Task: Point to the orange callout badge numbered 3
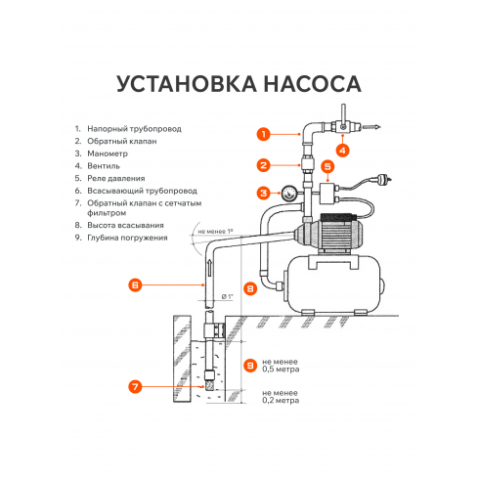(x=263, y=193)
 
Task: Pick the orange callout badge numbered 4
(x=342, y=150)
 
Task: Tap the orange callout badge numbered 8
(x=251, y=288)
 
